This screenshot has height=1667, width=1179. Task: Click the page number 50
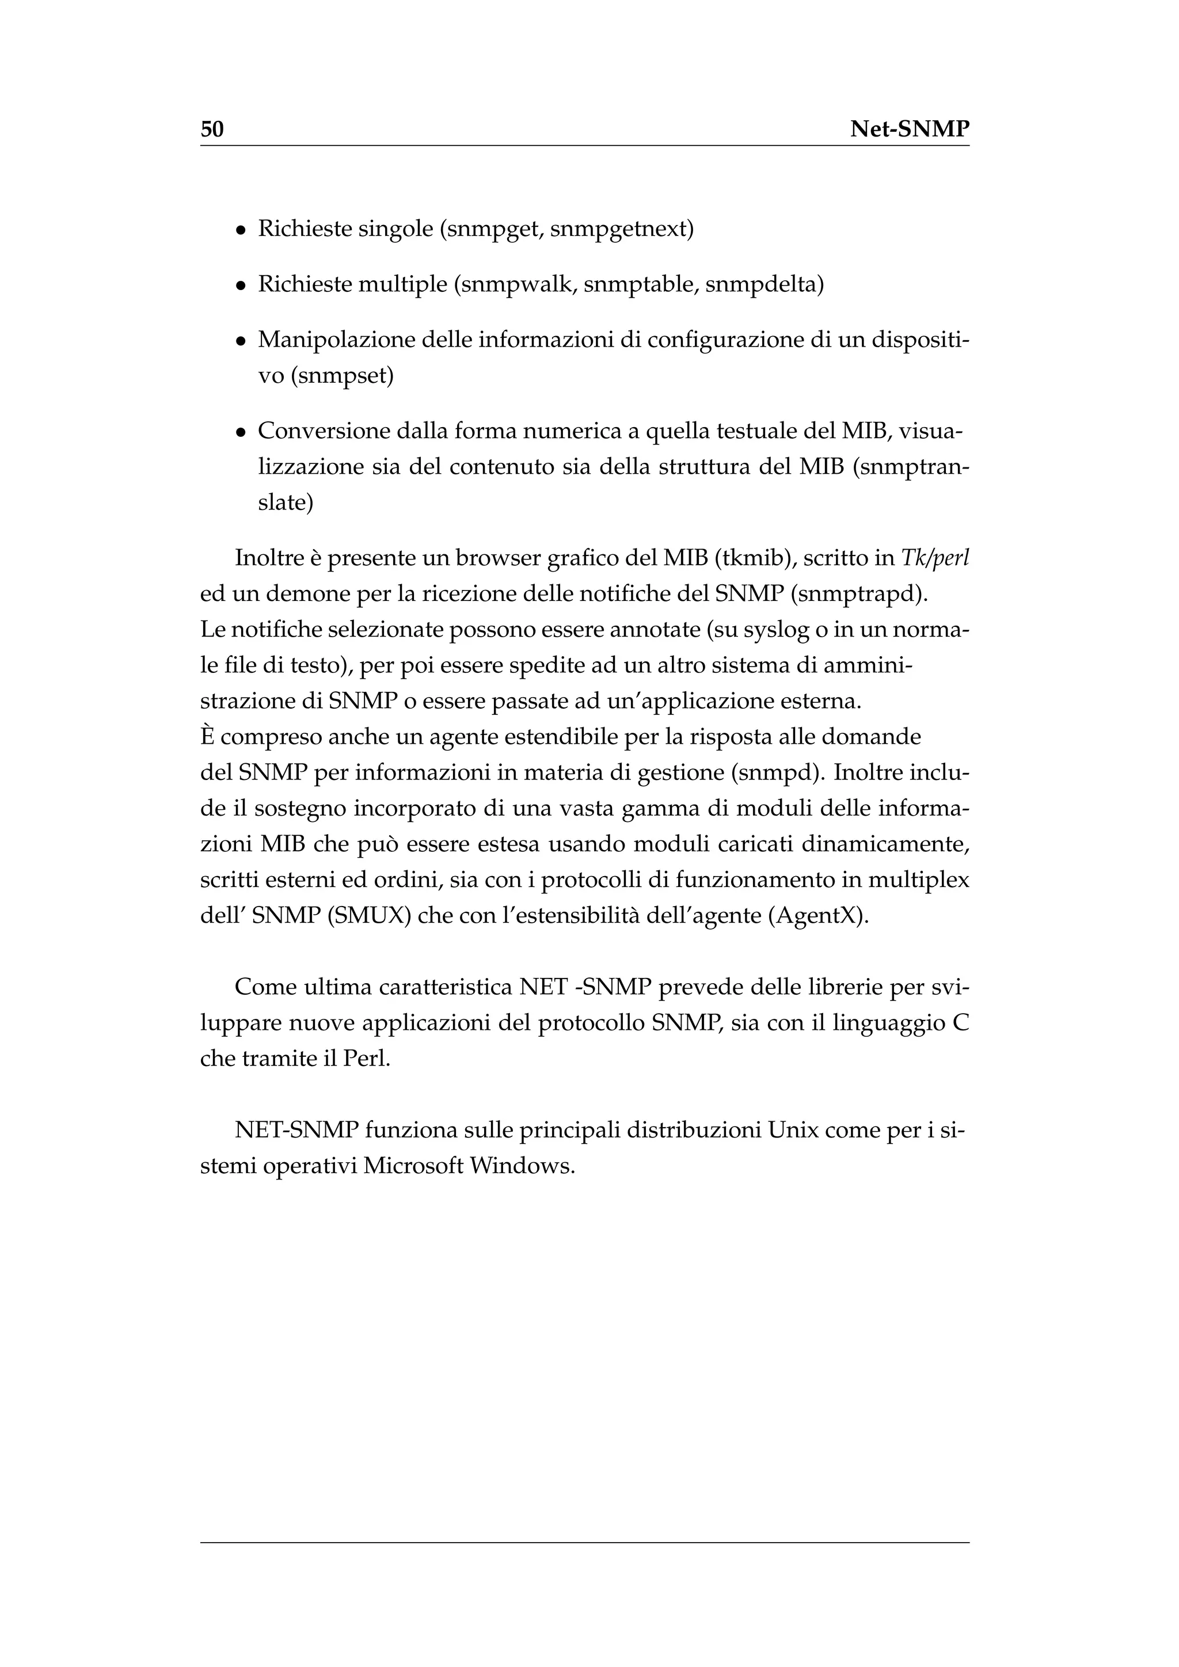pyautogui.click(x=212, y=130)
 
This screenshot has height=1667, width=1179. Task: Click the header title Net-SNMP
pyautogui.click(x=909, y=130)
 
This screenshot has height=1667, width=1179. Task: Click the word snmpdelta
pyautogui.click(x=765, y=284)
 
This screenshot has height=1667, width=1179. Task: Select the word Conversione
pyautogui.click(x=324, y=431)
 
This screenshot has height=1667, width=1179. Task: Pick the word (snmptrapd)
pyautogui.click(x=859, y=594)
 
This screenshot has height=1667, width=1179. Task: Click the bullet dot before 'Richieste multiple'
pyautogui.click(x=240, y=286)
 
